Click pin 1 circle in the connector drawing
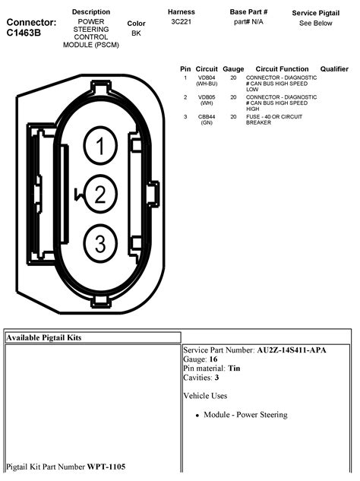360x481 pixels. [x=100, y=145]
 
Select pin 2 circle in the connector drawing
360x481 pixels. [x=100, y=195]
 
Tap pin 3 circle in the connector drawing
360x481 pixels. [x=100, y=243]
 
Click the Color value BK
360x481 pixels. [x=136, y=33]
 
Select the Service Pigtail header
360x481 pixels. [x=315, y=13]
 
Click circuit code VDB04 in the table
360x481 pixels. [x=207, y=78]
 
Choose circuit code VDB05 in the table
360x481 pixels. [x=207, y=97]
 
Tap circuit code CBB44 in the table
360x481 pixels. [x=207, y=116]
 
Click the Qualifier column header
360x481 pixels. [x=334, y=68]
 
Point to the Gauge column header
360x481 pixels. [x=233, y=68]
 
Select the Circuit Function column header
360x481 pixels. [x=282, y=68]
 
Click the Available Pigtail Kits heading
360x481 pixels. [x=44, y=337]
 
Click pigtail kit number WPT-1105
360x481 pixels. [x=106, y=466]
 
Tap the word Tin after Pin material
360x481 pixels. [x=235, y=368]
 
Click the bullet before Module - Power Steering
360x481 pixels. [x=197, y=416]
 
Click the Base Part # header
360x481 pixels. [x=250, y=13]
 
